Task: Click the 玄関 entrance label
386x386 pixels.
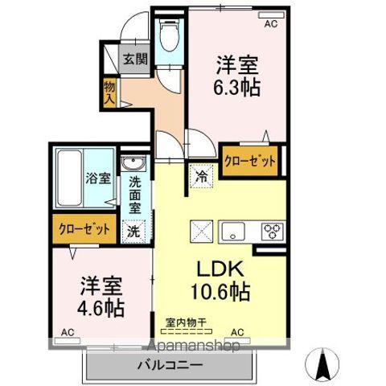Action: (x=134, y=58)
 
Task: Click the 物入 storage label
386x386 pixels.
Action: (x=109, y=92)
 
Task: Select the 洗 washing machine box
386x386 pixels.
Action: (x=133, y=228)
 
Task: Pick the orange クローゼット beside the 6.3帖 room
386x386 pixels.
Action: (x=250, y=160)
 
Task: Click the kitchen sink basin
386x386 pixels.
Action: (x=235, y=231)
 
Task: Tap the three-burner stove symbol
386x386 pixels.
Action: (x=271, y=231)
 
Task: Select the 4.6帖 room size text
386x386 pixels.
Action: (x=101, y=306)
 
